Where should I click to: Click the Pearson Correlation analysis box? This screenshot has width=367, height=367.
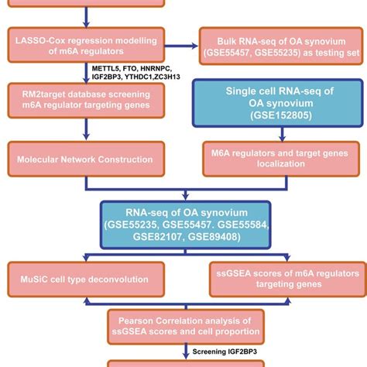(183, 326)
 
